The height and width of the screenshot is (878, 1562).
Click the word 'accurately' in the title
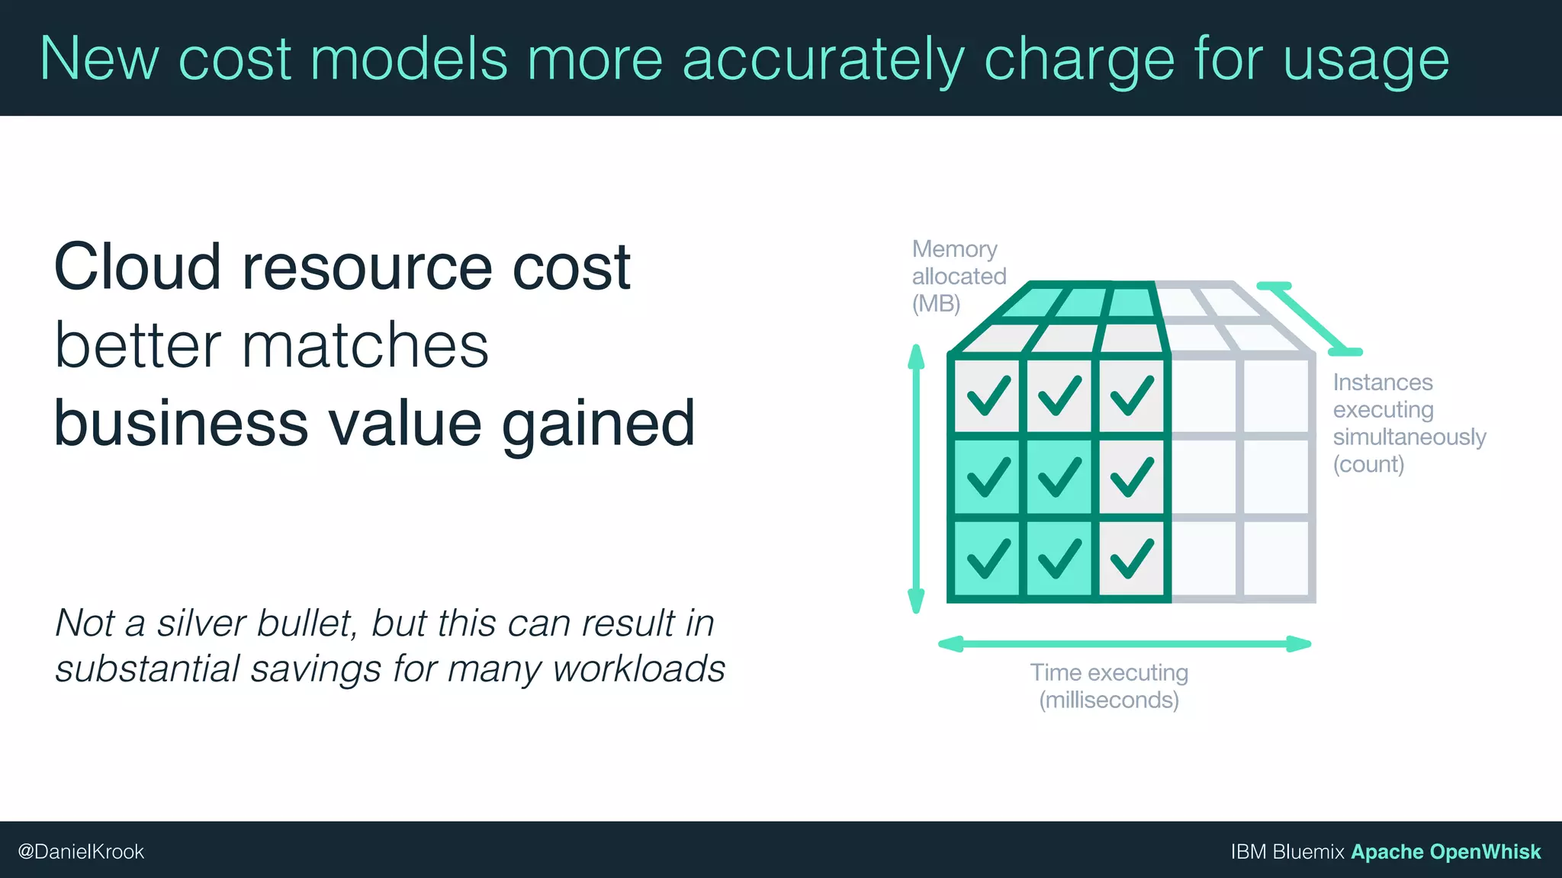coord(822,59)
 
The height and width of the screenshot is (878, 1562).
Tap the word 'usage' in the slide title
coord(1365,59)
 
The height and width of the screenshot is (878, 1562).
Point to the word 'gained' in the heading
coord(598,424)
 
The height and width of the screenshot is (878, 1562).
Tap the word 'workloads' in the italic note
coord(638,668)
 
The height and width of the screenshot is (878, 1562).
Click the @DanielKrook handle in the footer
coord(81,851)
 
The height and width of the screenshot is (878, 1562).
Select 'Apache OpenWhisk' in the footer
coord(1445,851)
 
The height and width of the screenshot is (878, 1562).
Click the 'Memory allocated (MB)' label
coord(958,276)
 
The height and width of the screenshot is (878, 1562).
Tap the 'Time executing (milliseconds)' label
coord(1109,686)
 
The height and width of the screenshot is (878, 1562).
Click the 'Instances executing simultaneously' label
coord(1408,423)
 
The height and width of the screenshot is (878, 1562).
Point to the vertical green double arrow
coord(916,479)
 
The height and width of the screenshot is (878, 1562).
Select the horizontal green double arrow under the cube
coord(1124,644)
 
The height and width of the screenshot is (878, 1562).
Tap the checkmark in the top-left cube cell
coord(988,396)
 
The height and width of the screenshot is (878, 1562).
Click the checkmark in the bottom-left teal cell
coord(988,558)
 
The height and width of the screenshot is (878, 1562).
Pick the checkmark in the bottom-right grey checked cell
coord(1131,558)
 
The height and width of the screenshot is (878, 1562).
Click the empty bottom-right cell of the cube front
coord(1276,558)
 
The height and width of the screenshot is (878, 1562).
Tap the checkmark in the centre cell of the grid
coord(1059,477)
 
